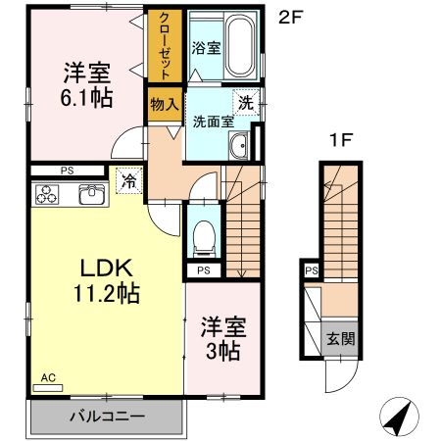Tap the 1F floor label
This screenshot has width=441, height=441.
[x=339, y=141]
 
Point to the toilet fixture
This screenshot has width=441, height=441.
[x=204, y=233]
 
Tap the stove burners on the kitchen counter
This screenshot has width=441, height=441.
[x=47, y=194]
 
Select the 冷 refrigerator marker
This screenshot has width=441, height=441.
[x=127, y=179]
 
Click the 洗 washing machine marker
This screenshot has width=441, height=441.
[x=243, y=100]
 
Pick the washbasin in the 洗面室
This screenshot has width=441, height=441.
[x=238, y=148]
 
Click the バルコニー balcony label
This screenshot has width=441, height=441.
[x=107, y=416]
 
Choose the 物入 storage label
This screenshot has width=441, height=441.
[x=165, y=102]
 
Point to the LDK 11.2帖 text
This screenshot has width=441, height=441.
[x=105, y=279]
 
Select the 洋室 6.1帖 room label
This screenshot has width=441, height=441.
[x=86, y=84]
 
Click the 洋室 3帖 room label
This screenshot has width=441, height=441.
[x=223, y=336]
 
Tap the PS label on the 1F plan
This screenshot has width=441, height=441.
[x=311, y=271]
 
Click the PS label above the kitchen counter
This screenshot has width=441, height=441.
[x=67, y=171]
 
